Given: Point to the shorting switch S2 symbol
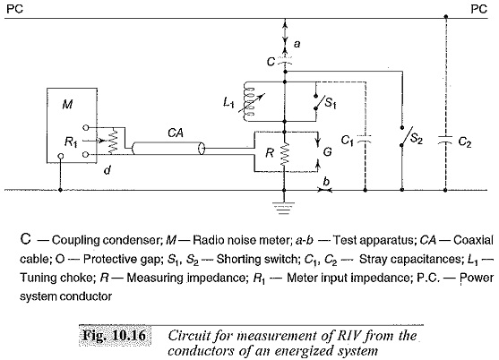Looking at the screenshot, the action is coord(406,137).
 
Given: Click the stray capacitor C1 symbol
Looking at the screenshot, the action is coord(365,139).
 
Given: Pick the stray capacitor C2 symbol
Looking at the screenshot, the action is coord(445,140).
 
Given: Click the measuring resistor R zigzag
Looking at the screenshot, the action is coord(285,154).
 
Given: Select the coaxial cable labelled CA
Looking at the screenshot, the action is coord(168,149).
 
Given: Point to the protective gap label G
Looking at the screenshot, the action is coord(328,152).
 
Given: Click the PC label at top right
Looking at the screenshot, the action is coord(478,9).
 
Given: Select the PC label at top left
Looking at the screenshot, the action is coord(14,9).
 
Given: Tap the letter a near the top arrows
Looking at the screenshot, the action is coord(297,44).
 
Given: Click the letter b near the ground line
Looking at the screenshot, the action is coord(326,181).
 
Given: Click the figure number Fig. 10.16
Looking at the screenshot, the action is coord(115,335).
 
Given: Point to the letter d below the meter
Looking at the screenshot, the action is coord(108,170).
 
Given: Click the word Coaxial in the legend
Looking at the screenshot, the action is coord(474,240).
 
